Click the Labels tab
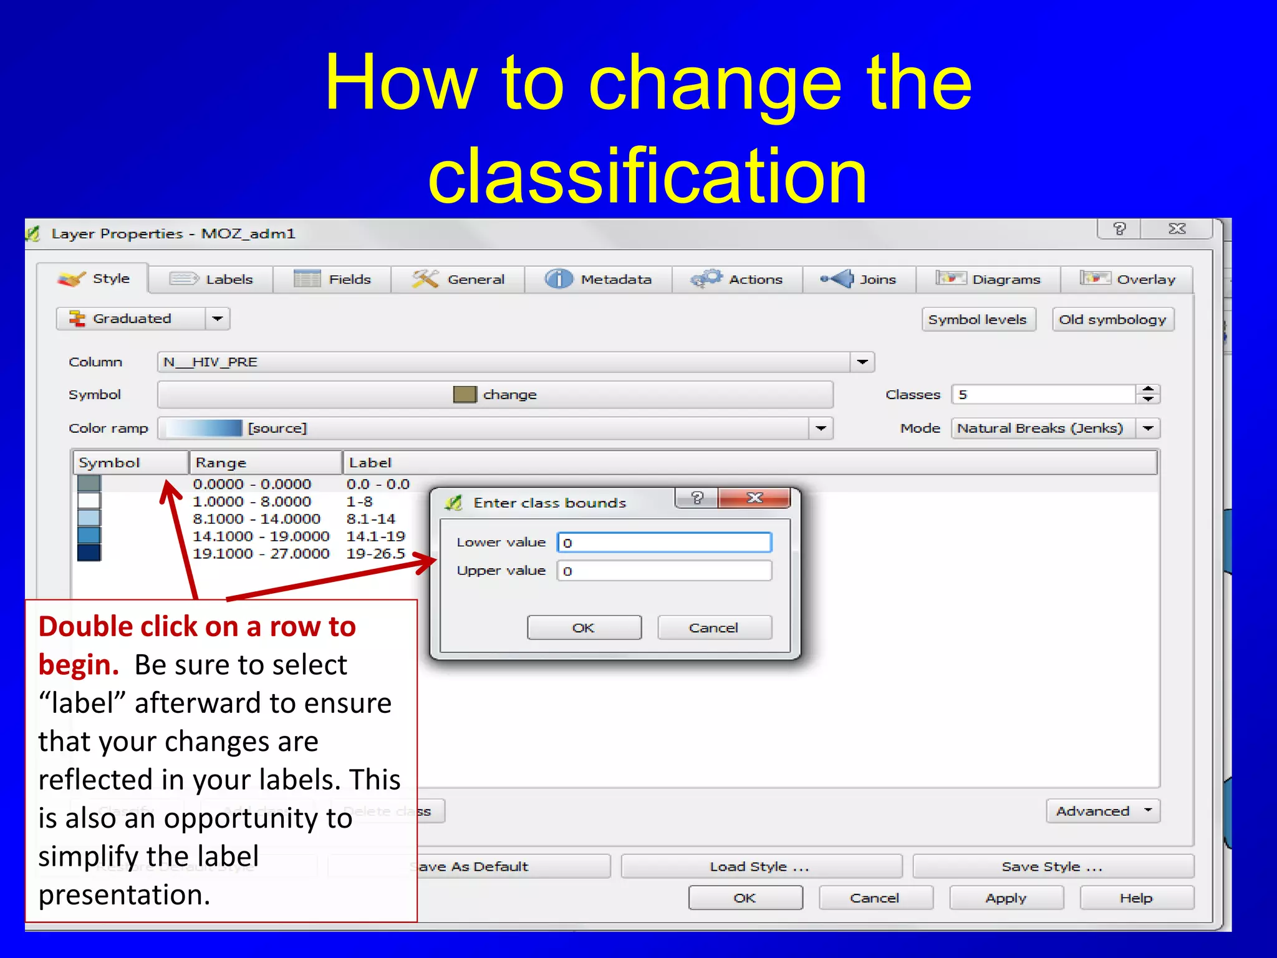point(212,279)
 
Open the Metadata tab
point(599,279)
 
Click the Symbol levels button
point(977,319)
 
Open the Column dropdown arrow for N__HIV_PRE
point(862,362)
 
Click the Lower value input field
point(664,543)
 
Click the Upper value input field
point(664,571)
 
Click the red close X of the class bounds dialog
point(754,498)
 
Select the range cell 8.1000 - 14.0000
point(256,519)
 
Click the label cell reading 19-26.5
point(375,554)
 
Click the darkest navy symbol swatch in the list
point(89,553)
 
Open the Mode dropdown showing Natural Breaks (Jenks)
point(1148,428)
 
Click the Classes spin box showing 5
point(1043,394)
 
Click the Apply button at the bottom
point(1006,898)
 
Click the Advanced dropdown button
point(1102,811)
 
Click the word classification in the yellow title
point(647,176)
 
